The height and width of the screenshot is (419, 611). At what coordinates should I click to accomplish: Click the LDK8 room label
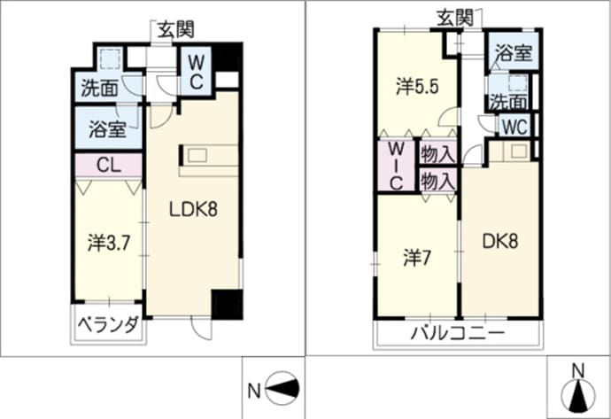193,210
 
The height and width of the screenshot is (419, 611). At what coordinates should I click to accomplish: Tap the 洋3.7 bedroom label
108,244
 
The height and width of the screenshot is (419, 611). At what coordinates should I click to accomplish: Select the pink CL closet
108,166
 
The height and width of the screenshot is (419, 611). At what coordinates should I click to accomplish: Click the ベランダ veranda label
108,325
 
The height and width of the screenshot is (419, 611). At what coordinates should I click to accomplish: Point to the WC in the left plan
196,71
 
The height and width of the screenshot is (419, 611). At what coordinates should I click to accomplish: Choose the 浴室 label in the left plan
107,129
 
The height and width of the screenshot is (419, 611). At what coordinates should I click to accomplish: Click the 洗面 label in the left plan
99,89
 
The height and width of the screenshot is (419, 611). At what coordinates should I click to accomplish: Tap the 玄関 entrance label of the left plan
175,29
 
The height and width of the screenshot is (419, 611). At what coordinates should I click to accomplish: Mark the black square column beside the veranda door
227,305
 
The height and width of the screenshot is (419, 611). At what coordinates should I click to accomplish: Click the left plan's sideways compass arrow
282,389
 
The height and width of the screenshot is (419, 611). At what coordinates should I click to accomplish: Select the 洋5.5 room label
417,87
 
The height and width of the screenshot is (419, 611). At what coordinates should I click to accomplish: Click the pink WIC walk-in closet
397,166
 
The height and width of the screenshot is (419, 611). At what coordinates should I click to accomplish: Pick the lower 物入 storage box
438,180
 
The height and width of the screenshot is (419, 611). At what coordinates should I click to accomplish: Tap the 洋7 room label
416,258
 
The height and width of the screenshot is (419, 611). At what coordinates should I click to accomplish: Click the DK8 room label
500,242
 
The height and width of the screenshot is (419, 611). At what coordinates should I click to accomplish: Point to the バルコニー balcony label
458,334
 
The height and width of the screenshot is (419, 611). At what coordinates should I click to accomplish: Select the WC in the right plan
514,127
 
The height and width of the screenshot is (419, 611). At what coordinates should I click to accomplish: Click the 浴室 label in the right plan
514,53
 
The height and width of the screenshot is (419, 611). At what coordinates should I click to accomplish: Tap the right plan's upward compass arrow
578,396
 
